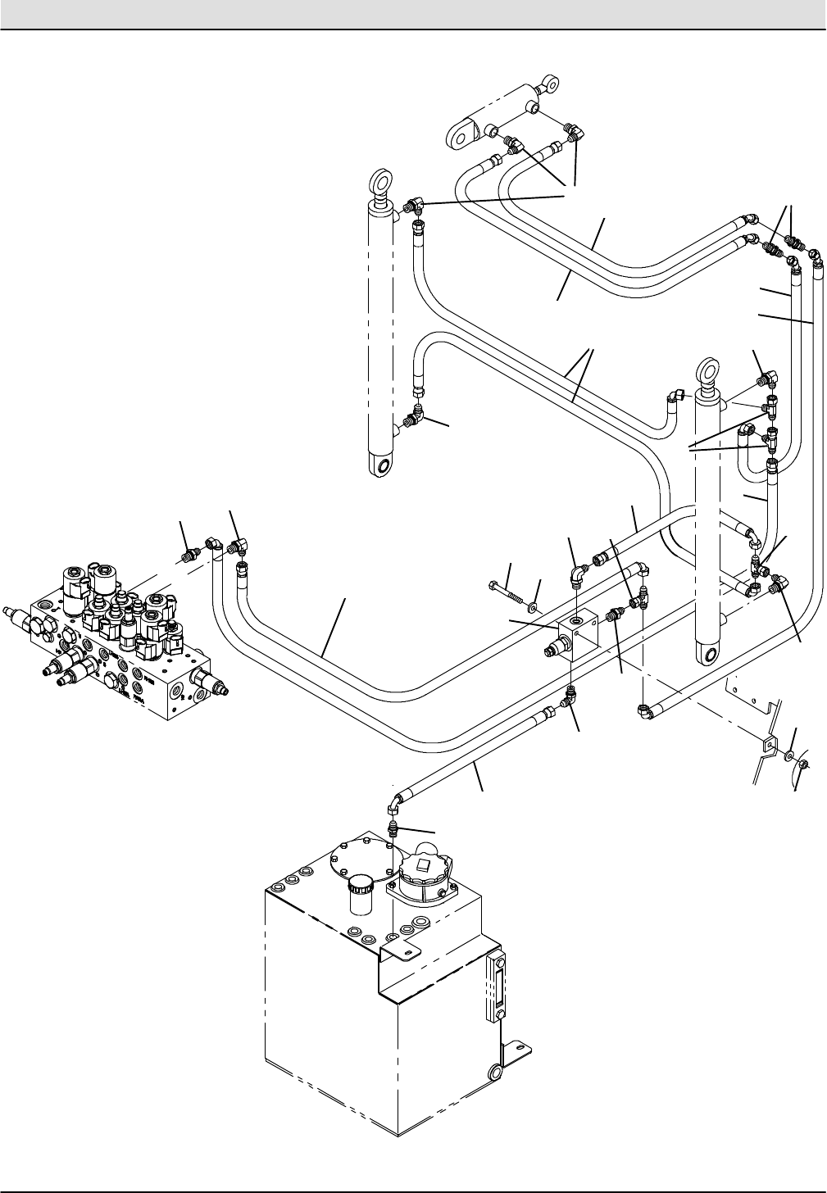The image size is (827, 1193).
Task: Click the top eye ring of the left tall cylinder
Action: (x=381, y=180)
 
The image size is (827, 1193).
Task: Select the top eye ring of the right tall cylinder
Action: (x=706, y=370)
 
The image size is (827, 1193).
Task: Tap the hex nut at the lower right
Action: (x=805, y=766)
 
